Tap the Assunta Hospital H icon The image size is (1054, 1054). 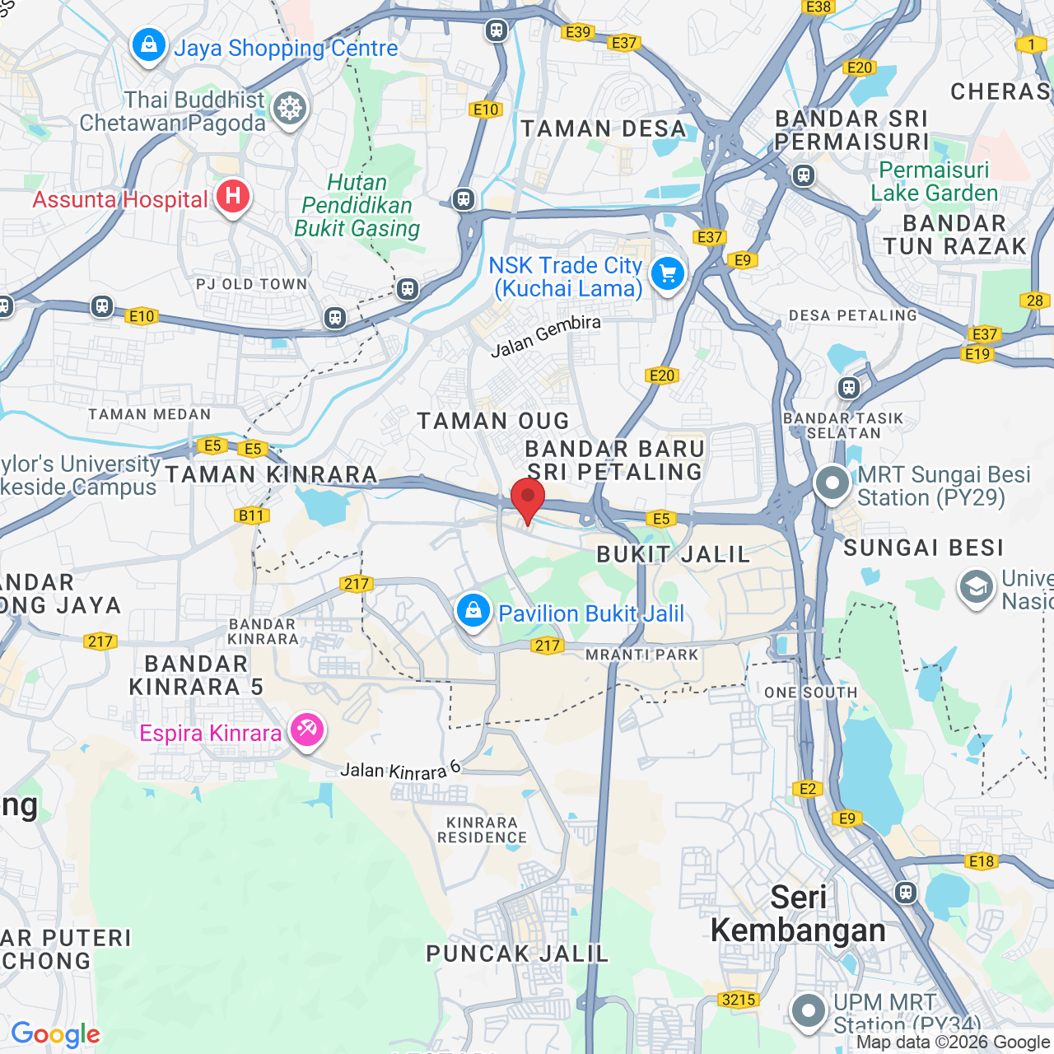tap(233, 197)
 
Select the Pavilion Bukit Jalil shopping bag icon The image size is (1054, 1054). tap(473, 611)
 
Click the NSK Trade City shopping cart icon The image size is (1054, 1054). tap(667, 274)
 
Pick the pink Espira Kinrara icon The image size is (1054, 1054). tap(306, 730)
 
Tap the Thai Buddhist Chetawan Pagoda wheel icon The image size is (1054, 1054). tap(290, 109)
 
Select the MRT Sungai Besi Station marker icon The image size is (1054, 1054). tap(832, 483)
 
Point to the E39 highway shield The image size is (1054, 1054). tap(578, 32)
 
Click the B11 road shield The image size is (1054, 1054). tap(251, 516)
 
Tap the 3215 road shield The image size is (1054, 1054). tap(738, 1000)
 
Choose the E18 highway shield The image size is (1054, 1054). tap(982, 861)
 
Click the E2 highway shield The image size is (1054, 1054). tap(808, 789)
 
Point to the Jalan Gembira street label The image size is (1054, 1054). tap(545, 336)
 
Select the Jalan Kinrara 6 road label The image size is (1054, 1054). tap(400, 771)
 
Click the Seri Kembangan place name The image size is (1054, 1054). tap(798, 914)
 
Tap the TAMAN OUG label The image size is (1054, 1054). tap(493, 421)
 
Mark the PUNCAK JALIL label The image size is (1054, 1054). tap(517, 954)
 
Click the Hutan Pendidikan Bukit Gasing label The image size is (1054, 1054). tap(357, 205)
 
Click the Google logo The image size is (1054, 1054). tap(55, 1034)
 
